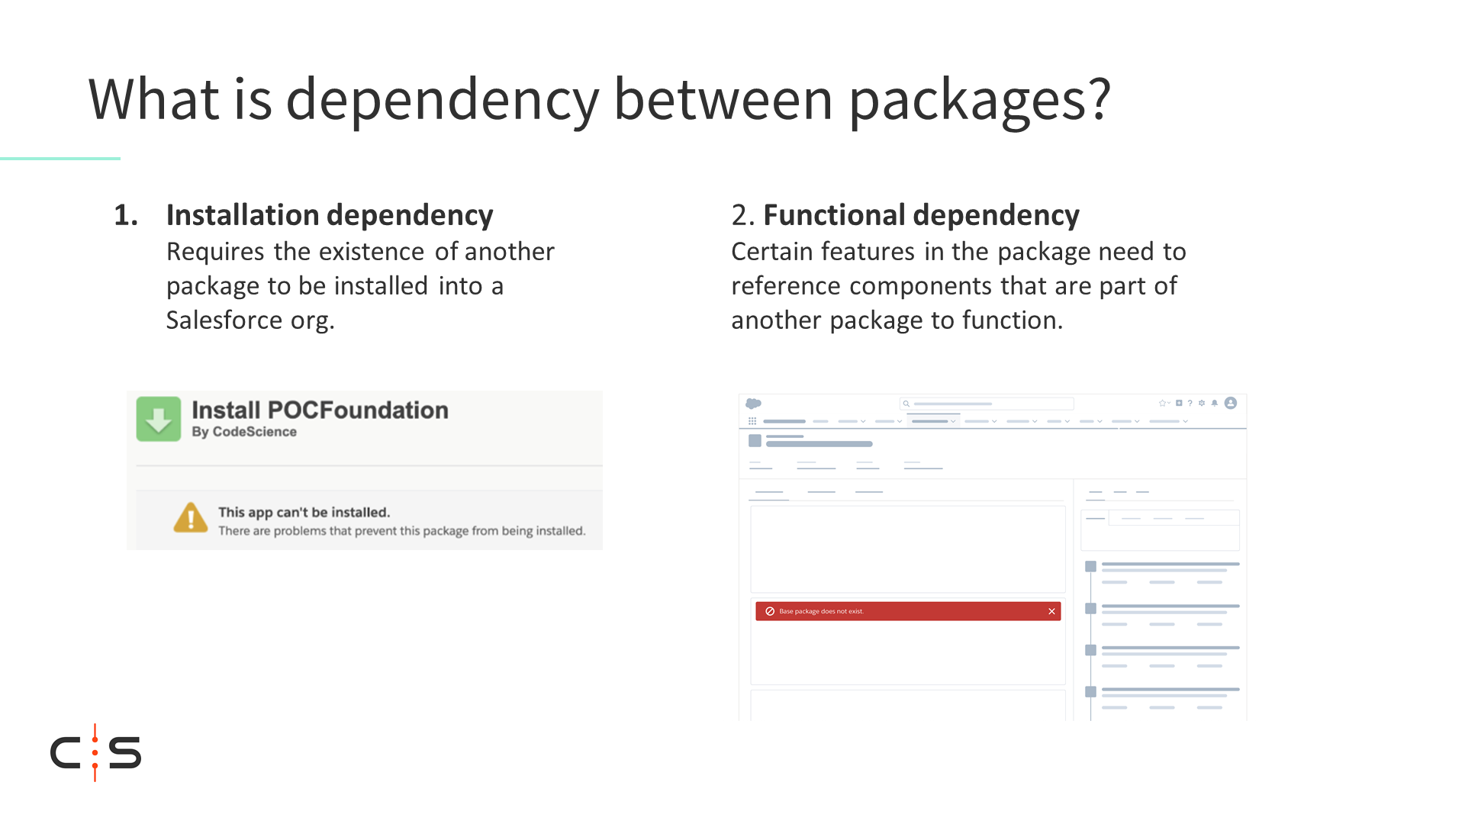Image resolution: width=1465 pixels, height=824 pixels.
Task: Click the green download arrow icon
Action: [159, 419]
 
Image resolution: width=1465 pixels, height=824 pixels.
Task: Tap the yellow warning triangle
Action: [191, 518]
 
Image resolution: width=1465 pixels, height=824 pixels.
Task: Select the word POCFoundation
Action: [358, 410]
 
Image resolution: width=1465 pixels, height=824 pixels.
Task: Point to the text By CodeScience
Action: [244, 432]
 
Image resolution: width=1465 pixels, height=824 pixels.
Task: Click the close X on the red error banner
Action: [1051, 611]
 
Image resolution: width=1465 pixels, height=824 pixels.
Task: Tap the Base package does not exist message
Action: [821, 611]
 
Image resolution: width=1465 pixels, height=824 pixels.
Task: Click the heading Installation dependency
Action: [330, 215]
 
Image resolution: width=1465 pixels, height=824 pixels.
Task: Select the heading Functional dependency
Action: [921, 215]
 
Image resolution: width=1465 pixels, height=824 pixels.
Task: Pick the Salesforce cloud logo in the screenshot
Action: [753, 404]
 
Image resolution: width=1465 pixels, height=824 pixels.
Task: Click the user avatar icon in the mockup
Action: [1231, 403]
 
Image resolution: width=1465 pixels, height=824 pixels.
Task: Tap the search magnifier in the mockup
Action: [906, 404]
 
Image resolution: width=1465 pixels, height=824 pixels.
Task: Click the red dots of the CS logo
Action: [95, 752]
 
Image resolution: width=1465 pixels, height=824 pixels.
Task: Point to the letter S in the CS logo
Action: [125, 752]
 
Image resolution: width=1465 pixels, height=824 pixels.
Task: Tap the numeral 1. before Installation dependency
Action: [126, 215]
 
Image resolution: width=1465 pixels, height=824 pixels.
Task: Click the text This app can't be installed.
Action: [304, 513]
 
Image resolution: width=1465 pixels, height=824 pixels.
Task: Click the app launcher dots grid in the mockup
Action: [752, 421]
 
